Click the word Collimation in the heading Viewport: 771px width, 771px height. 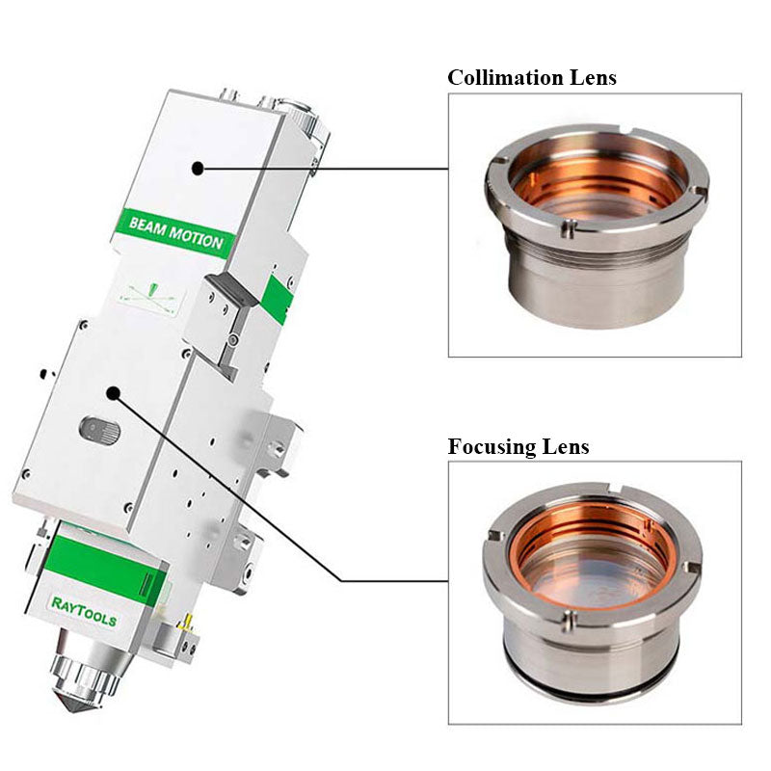(x=502, y=77)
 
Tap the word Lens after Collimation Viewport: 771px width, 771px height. (x=589, y=77)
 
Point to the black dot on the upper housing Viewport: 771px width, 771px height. (x=198, y=168)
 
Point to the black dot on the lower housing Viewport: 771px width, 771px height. (x=114, y=393)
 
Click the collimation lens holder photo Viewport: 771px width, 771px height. (x=595, y=225)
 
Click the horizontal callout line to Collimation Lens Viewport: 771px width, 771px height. (x=328, y=168)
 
